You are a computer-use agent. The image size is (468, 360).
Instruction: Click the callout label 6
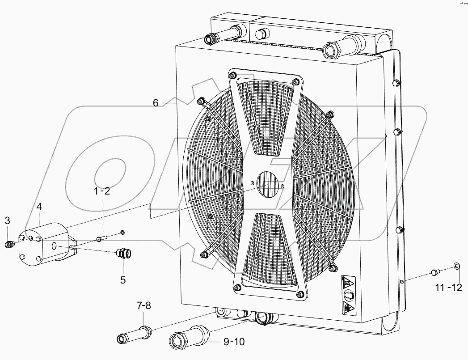[x=156, y=102]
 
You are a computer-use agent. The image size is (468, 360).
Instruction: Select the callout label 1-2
[x=102, y=191]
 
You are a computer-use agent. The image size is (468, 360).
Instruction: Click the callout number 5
[x=122, y=280]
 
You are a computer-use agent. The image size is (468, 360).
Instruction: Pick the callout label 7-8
[x=144, y=306]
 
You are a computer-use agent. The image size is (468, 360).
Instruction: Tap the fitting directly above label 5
[x=124, y=254]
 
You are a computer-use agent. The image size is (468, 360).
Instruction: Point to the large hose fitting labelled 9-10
[x=188, y=338]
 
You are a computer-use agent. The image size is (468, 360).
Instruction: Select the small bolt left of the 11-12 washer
[x=436, y=271]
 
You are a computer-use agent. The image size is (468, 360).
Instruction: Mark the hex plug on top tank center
[x=261, y=34]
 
